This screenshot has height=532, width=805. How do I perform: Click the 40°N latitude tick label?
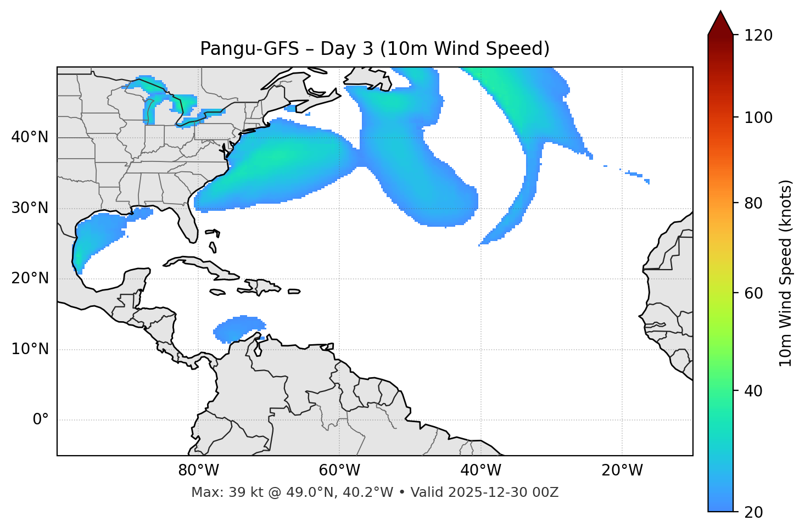[x=30, y=137]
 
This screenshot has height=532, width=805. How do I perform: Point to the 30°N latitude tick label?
[x=30, y=208]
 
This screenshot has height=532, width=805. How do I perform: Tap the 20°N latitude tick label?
[x=30, y=278]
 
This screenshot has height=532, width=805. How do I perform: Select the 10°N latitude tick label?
[x=30, y=349]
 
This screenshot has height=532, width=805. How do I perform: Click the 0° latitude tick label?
[x=40, y=420]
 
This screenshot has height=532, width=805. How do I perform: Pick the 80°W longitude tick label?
[x=198, y=471]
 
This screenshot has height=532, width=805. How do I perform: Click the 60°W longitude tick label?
[x=339, y=471]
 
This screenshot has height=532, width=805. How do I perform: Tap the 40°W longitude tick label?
[x=480, y=471]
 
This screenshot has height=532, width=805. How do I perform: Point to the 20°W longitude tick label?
[x=622, y=471]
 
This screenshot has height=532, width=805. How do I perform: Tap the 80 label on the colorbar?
[x=754, y=203]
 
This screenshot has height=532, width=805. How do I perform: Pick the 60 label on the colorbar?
[x=754, y=293]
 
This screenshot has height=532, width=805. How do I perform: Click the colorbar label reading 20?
[x=754, y=512]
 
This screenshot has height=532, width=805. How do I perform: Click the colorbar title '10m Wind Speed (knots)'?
[x=786, y=273]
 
